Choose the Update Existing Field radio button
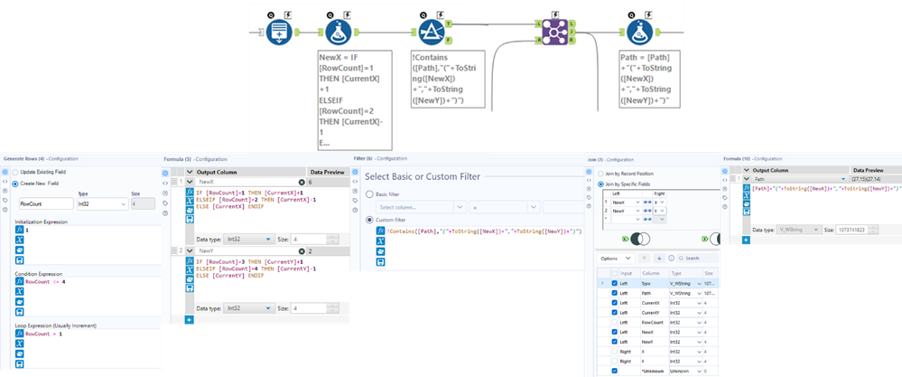click(x=14, y=172)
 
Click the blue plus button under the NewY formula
click(x=189, y=320)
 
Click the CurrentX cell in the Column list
click(x=654, y=301)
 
